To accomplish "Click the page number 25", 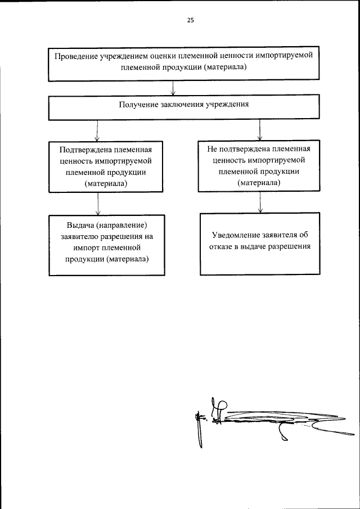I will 190,20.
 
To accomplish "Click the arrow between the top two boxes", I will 173,89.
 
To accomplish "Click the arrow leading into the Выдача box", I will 98,205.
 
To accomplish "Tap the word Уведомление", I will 235,235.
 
